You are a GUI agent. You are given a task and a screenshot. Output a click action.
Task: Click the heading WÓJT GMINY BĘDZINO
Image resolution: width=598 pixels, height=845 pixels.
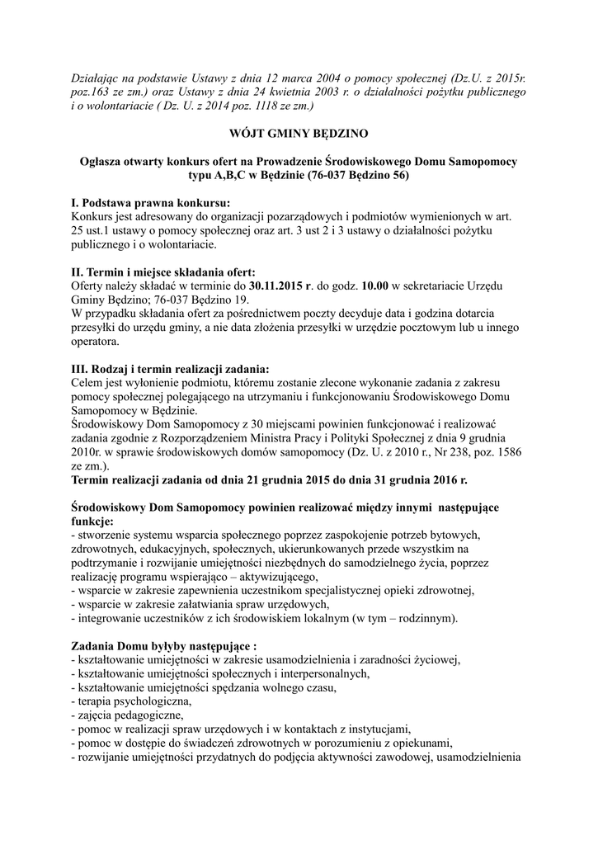point(299,133)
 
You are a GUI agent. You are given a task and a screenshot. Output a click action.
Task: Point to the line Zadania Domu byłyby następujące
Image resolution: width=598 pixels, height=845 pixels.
point(158,645)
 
